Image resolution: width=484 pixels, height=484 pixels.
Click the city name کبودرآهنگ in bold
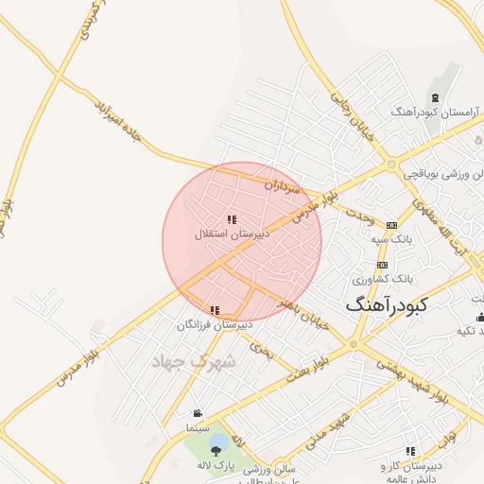click(387, 304)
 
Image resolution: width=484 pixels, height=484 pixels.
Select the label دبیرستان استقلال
click(233, 233)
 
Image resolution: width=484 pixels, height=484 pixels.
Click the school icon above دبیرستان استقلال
click(232, 219)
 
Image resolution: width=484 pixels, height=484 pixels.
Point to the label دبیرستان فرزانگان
click(216, 324)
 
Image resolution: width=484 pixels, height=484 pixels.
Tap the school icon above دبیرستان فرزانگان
click(216, 310)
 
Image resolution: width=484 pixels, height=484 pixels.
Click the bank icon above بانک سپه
click(392, 225)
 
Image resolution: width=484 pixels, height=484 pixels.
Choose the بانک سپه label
click(392, 238)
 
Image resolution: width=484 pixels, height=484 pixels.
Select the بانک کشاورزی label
click(383, 279)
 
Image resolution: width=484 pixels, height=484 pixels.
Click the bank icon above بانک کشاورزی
click(382, 266)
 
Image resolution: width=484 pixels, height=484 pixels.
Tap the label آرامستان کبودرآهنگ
click(434, 112)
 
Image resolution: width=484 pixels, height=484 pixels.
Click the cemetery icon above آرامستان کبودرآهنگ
click(434, 98)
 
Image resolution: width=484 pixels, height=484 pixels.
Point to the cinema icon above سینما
click(198, 414)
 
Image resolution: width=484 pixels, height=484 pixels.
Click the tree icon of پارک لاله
click(217, 442)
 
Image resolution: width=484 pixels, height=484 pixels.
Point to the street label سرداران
click(282, 186)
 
